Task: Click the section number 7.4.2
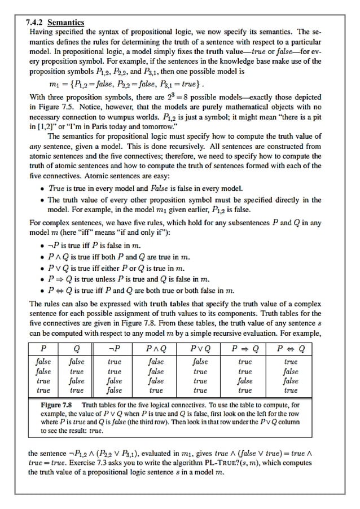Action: tap(36, 23)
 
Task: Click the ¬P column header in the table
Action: tap(115, 348)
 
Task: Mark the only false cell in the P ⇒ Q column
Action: tap(245, 381)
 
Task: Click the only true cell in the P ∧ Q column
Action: tap(156, 390)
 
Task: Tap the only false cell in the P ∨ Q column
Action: tap(200, 362)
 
